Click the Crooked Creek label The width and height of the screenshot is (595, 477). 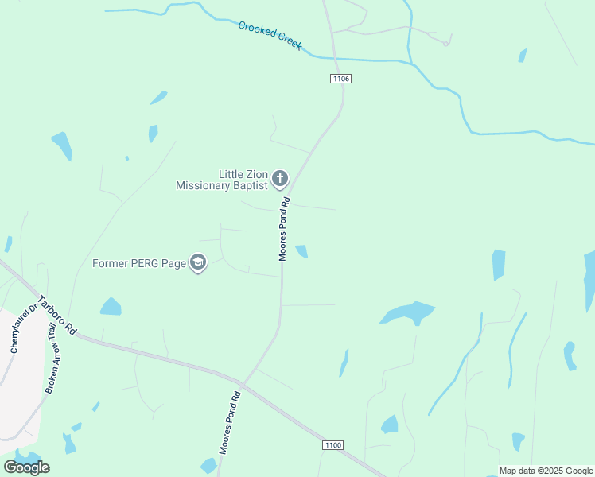click(270, 36)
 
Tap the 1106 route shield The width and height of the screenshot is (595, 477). click(340, 79)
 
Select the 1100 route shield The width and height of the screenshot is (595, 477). click(333, 445)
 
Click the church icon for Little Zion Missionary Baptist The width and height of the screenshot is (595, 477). click(279, 178)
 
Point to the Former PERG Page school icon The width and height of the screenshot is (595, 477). click(198, 263)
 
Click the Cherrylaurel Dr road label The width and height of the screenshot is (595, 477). click(23, 328)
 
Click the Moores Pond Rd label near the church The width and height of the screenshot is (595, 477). click(282, 229)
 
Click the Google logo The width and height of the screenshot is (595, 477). click(26, 467)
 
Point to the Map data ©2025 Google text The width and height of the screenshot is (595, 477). click(546, 471)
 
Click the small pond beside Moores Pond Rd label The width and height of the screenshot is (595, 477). click(302, 251)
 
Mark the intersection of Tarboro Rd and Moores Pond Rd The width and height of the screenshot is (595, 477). click(243, 385)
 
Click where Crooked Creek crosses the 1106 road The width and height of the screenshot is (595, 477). click(334, 58)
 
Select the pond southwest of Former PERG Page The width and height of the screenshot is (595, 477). click(111, 307)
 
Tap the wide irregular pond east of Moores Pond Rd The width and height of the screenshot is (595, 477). click(408, 312)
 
